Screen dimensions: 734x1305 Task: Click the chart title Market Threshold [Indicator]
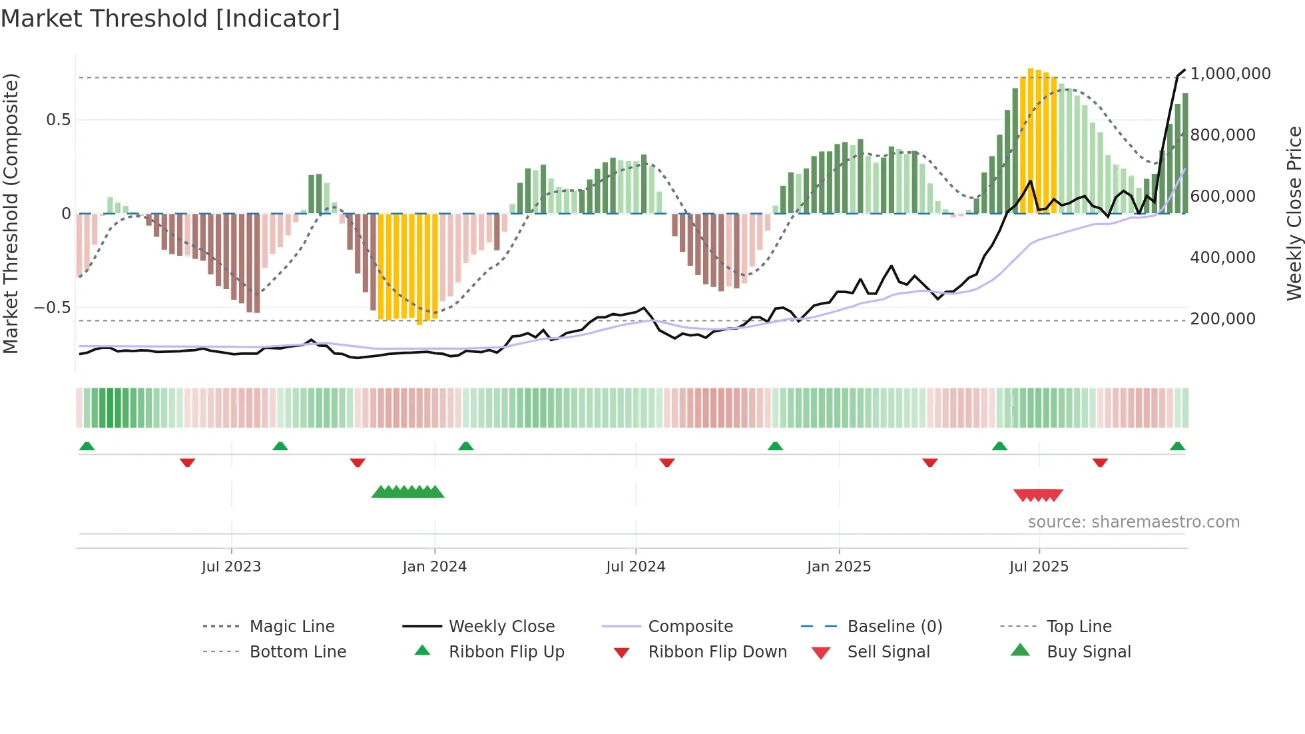click(170, 19)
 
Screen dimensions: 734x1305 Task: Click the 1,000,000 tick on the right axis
click(1230, 74)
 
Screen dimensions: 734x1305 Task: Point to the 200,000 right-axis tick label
click(1222, 319)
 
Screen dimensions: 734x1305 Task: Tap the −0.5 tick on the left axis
click(52, 308)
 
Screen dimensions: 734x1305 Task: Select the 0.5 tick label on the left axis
click(58, 120)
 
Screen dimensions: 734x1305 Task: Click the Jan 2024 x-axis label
click(434, 567)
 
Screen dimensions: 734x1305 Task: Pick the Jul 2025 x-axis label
click(1038, 567)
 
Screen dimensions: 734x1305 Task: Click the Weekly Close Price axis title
click(1294, 213)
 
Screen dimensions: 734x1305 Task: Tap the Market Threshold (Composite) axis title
click(11, 213)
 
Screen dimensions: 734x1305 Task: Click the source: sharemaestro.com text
click(1133, 522)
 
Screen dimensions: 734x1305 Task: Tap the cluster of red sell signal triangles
click(1038, 495)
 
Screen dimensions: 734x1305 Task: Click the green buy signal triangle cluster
click(407, 492)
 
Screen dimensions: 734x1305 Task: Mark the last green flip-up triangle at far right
click(1177, 446)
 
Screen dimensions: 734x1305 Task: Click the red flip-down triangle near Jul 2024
click(666, 462)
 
